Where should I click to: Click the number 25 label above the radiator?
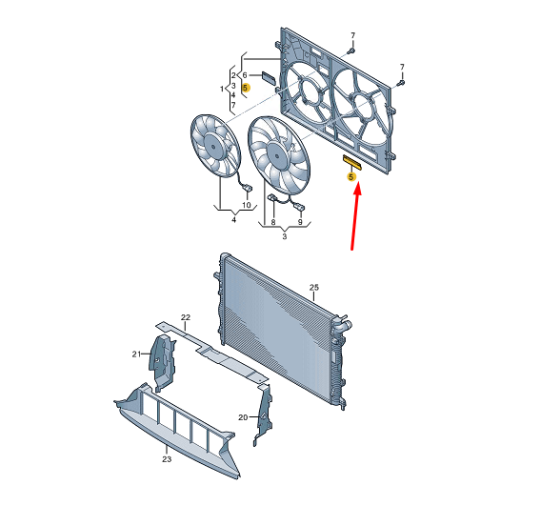coord(314,288)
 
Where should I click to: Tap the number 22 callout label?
coord(186,317)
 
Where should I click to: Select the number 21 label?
coord(136,354)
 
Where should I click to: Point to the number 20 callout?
coord(243,417)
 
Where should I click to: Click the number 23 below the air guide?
coord(167,459)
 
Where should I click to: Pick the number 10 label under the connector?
coord(247,205)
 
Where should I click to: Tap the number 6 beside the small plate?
coord(245,75)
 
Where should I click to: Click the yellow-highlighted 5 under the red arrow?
coord(351,177)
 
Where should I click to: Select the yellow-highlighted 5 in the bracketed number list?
coord(245,88)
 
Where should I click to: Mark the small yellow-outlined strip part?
coord(352,163)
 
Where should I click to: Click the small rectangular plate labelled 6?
coord(269,78)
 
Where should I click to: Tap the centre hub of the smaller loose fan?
coord(213,146)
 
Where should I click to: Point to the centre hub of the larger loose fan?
coord(277,156)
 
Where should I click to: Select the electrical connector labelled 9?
coord(299,207)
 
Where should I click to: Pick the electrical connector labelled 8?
coord(272,197)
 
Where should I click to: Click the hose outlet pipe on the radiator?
coord(346,326)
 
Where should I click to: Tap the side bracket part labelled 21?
coord(163,363)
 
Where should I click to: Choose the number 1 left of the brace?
coord(222,89)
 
